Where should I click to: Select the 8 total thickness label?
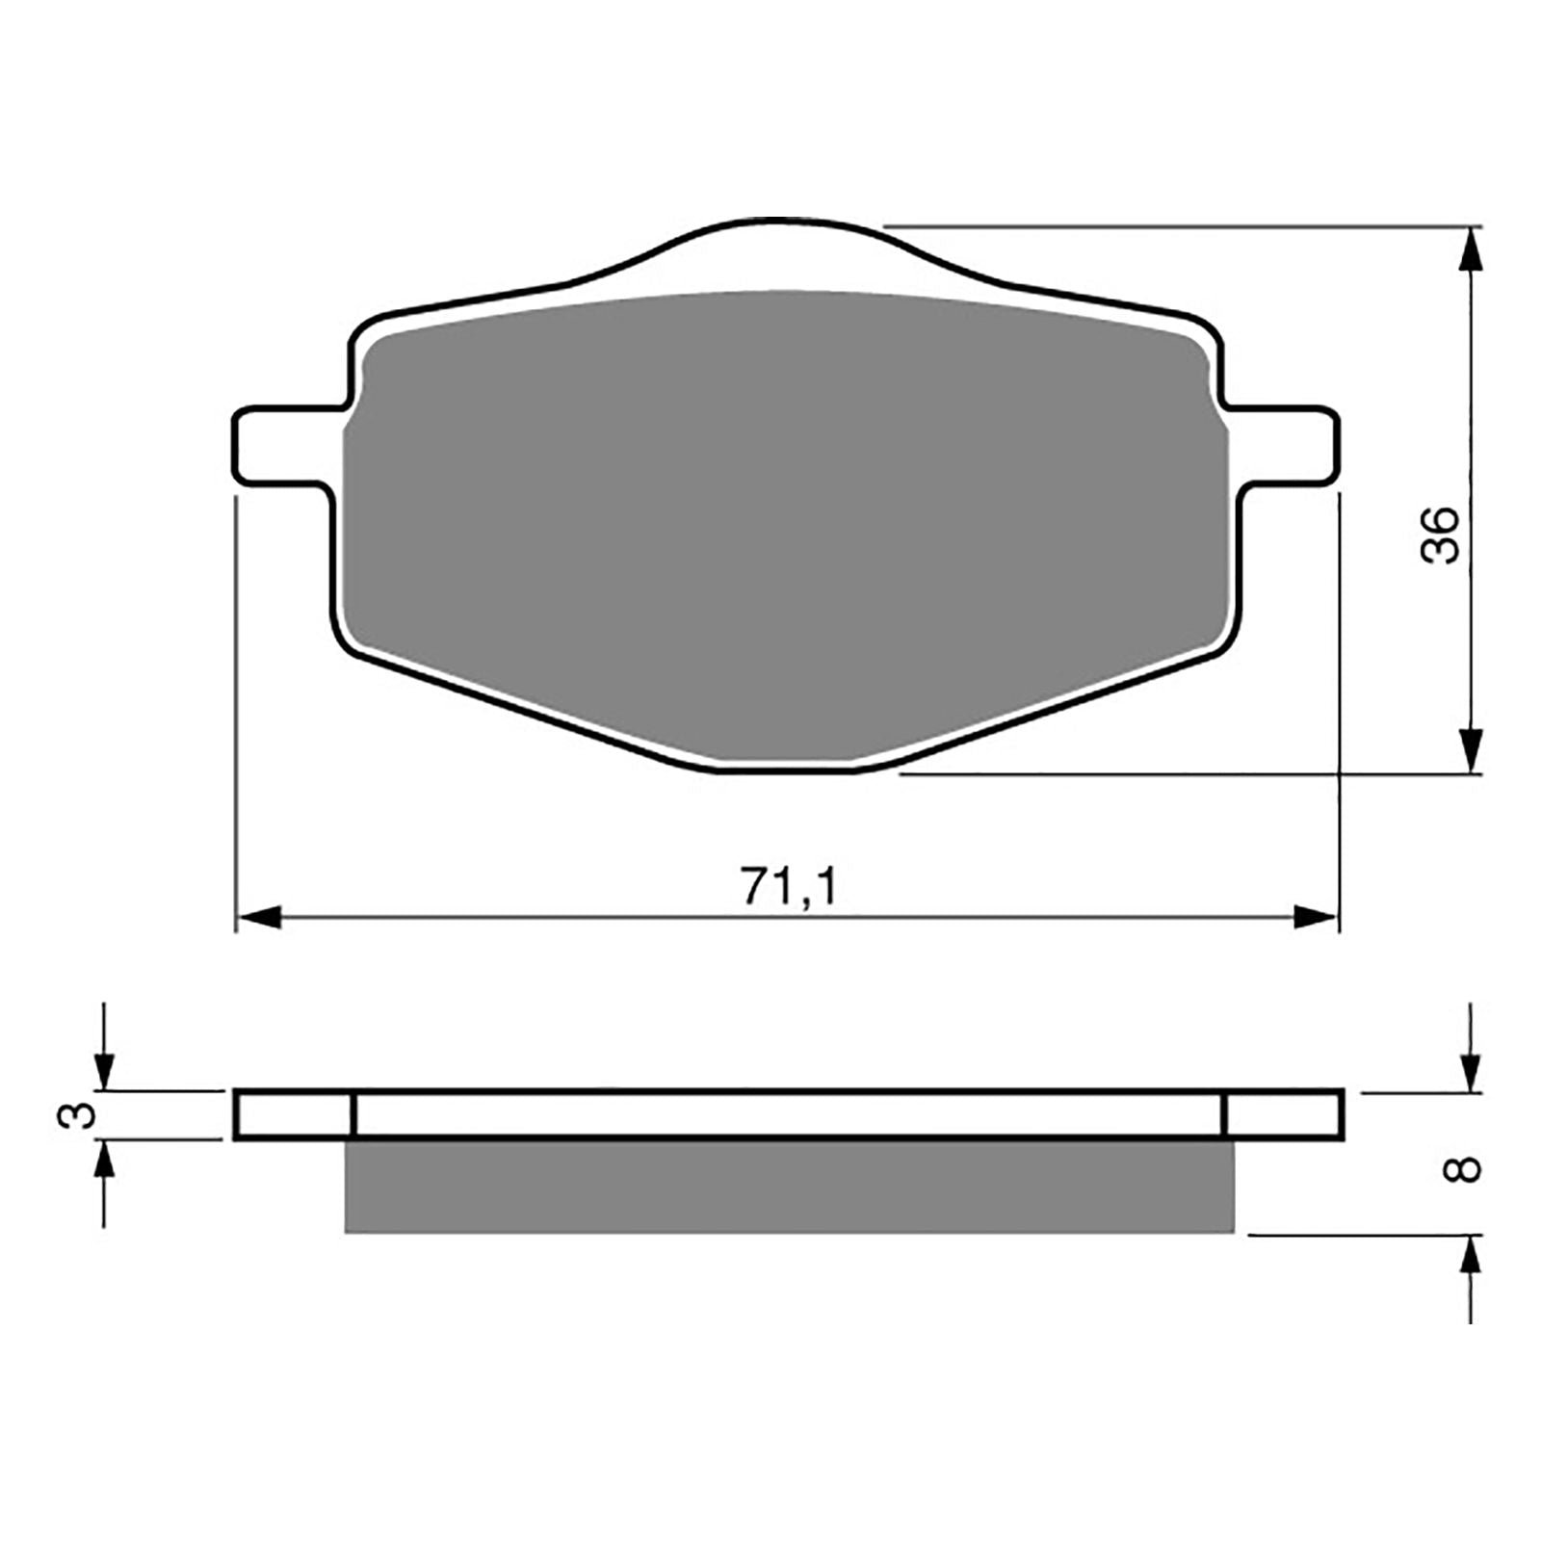1464,1169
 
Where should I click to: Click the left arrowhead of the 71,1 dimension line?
258,918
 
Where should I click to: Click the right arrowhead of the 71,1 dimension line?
1317,918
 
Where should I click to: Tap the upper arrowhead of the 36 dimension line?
1470,251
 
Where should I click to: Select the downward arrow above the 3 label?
104,1068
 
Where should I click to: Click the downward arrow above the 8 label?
1470,1068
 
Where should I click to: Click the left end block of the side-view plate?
294,1115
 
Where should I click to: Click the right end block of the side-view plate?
1282,1115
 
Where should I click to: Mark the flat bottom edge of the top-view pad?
785,769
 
